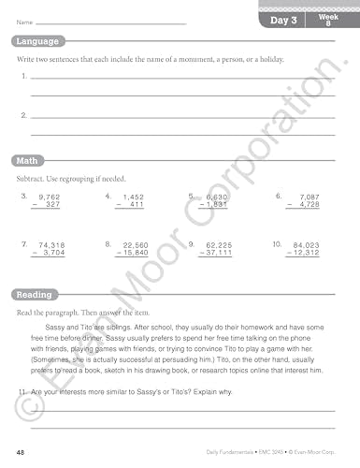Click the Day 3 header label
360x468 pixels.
(x=283, y=20)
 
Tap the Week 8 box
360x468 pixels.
(x=326, y=20)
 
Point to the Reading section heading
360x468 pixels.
(x=36, y=295)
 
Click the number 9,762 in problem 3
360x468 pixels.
(x=48, y=197)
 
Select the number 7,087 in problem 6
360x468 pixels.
(x=306, y=197)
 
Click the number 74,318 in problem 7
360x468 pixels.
(x=48, y=244)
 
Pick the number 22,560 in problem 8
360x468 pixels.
(x=136, y=244)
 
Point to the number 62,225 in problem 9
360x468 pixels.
(x=220, y=244)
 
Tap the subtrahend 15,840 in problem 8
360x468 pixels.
(x=136, y=253)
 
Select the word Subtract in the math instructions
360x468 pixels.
(x=31, y=178)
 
